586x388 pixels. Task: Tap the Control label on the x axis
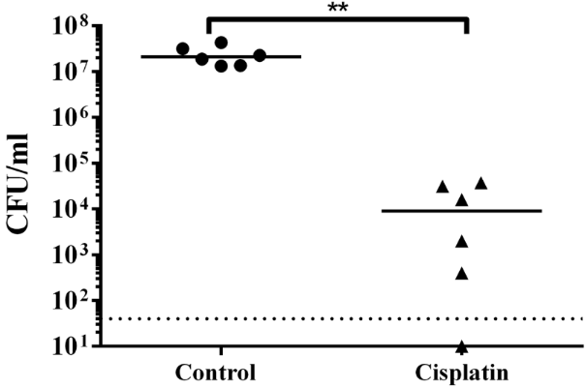(x=216, y=373)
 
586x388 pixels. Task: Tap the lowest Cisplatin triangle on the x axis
(x=462, y=346)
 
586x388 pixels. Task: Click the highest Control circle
(x=221, y=43)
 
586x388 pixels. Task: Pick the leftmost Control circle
(x=182, y=48)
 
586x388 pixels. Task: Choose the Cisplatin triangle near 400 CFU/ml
(x=462, y=274)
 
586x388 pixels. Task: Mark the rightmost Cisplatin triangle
(x=480, y=183)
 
